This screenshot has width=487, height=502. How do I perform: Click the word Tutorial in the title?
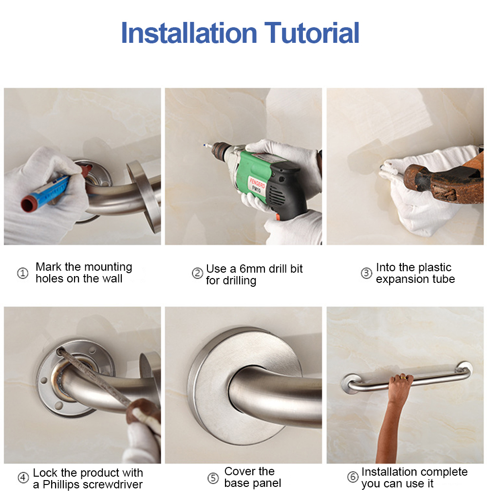pos(312,33)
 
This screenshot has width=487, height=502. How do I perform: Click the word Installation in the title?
pos(188,33)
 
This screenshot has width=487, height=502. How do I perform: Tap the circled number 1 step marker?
pos(23,273)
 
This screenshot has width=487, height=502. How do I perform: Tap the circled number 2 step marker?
pos(197,274)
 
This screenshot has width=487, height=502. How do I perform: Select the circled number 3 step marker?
pos(366,273)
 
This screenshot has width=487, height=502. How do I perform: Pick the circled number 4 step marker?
pos(23,478)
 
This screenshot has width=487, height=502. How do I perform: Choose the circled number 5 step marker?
pos(213,478)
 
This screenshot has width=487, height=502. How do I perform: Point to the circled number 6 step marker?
pos(353,477)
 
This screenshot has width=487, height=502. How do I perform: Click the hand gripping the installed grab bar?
pos(400,380)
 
